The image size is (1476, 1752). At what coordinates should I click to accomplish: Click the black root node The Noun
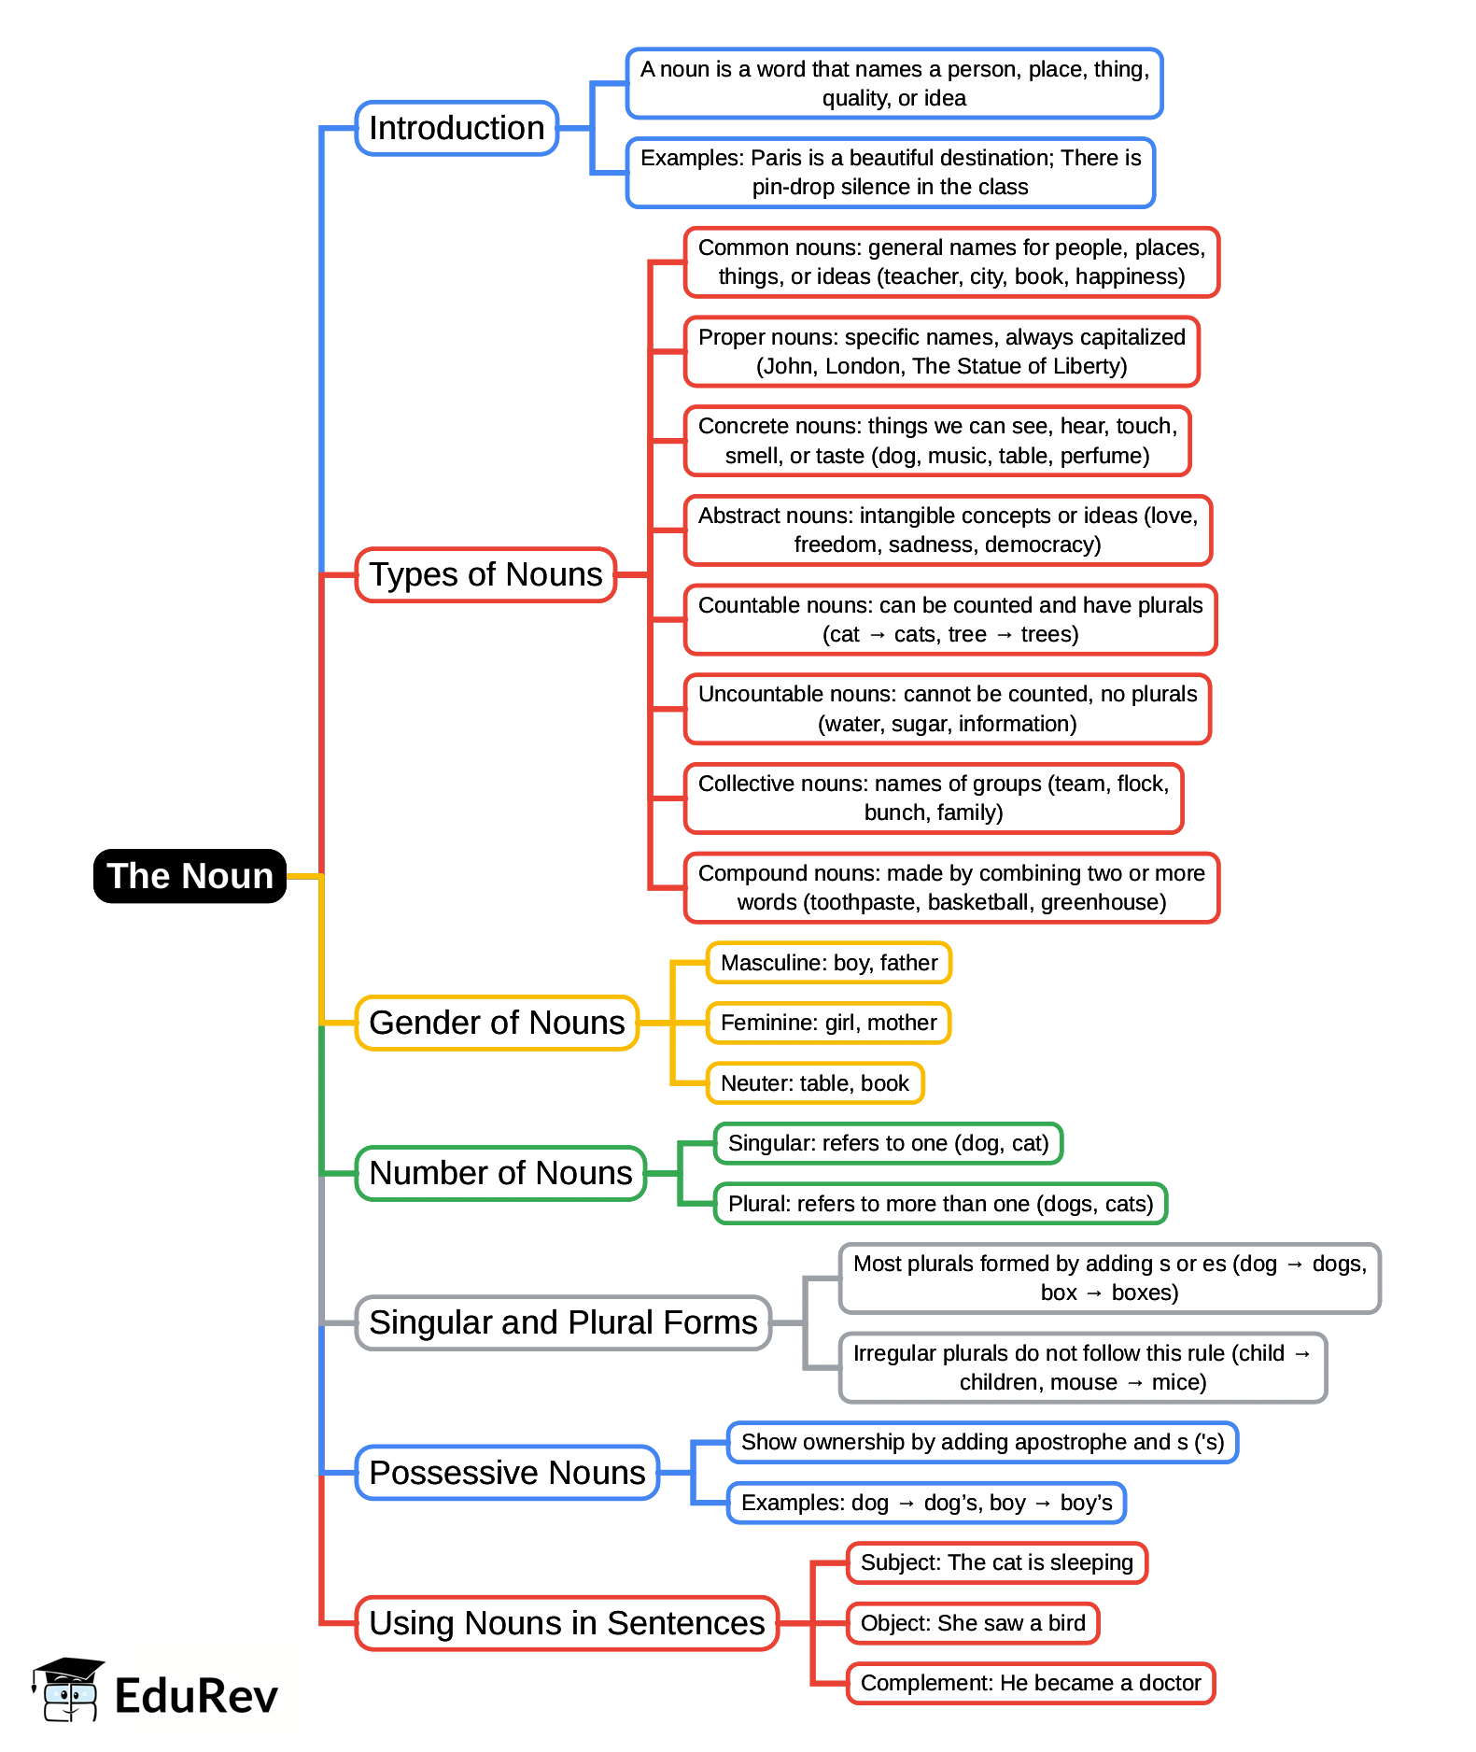(190, 876)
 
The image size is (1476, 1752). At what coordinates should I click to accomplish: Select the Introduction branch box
(457, 128)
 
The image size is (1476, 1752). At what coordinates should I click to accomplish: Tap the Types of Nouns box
(485, 574)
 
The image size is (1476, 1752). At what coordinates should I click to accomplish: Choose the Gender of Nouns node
(497, 1023)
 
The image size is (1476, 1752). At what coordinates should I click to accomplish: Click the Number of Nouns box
(500, 1173)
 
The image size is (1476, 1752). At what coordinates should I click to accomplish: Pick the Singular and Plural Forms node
(563, 1322)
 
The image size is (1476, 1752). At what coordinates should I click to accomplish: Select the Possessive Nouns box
(507, 1473)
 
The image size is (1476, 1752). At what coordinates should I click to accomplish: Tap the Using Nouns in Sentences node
(567, 1623)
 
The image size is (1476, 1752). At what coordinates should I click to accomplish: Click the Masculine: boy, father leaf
(829, 963)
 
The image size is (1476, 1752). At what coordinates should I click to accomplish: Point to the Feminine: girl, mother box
(828, 1023)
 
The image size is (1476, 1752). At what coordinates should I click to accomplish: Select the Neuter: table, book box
(815, 1083)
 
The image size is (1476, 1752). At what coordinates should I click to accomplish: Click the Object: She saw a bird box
(973, 1623)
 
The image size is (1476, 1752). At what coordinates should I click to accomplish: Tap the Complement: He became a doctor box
(1031, 1683)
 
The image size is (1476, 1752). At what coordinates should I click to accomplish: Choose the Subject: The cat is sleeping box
(996, 1562)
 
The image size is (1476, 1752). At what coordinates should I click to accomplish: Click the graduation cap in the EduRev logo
(68, 1672)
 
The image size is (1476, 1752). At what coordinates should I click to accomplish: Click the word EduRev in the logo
(196, 1696)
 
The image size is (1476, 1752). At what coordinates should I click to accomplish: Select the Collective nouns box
(934, 798)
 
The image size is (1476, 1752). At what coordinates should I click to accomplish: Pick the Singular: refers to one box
(888, 1143)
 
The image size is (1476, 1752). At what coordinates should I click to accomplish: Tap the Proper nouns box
(941, 351)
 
